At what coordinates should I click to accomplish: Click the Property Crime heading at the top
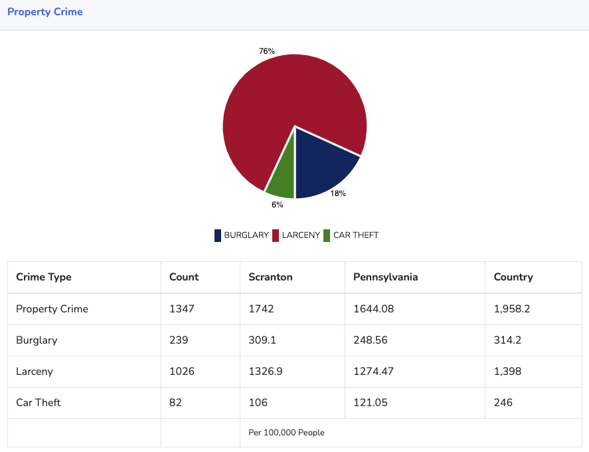coord(45,12)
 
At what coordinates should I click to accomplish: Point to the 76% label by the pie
coord(267,51)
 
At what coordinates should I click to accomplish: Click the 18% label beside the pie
coord(338,194)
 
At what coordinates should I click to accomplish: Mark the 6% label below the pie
coord(277,205)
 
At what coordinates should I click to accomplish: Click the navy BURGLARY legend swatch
coord(218,235)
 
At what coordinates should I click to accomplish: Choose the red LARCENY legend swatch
coord(276,235)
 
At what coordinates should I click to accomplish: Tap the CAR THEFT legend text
coord(356,235)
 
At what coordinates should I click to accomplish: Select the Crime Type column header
coord(44,277)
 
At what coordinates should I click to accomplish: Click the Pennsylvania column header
coord(385,277)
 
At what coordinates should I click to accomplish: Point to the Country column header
coord(513,277)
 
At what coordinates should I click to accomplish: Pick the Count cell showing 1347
coord(182,309)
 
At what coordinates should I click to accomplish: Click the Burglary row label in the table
coord(37,340)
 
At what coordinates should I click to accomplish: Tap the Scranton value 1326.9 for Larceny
coord(266,372)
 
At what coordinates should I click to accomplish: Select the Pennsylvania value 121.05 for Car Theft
coord(371,403)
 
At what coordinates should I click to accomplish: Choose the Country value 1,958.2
coord(512,309)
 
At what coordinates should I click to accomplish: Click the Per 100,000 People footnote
coord(286,433)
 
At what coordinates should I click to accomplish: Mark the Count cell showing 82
coord(175,403)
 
